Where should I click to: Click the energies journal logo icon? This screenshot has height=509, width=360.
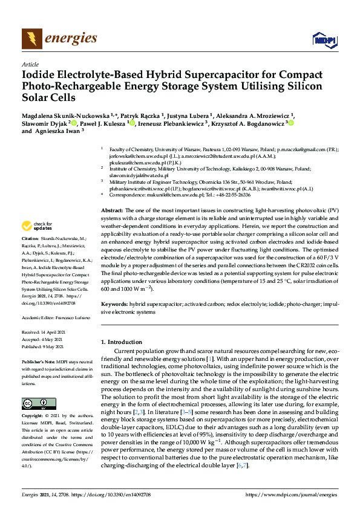pyautogui.click(x=31, y=39)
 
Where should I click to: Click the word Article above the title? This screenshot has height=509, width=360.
pyautogui.click(x=30, y=64)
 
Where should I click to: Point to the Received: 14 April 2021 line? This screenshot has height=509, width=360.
pyautogui.click(x=47, y=332)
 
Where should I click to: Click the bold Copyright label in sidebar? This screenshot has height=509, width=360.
pyautogui.click(x=32, y=417)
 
